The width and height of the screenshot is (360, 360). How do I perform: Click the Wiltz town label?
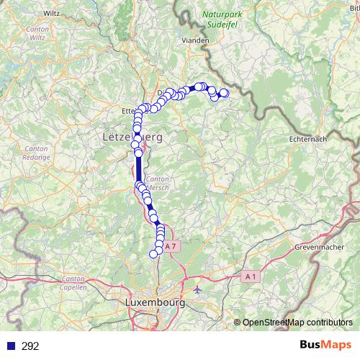(52, 13)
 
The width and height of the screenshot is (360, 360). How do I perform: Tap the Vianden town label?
(196, 41)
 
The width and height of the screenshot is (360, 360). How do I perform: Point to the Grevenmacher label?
(317, 247)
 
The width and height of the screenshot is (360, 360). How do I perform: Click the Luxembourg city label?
(155, 302)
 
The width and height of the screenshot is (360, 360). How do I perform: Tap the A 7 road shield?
(171, 246)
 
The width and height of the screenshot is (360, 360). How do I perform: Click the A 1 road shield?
(250, 276)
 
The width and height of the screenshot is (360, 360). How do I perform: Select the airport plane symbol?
(198, 289)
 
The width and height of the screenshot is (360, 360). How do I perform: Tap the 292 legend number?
(30, 346)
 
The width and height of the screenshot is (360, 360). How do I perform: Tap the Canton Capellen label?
(74, 282)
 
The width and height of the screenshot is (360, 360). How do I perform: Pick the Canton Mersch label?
(157, 183)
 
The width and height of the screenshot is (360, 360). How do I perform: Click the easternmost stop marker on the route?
(224, 93)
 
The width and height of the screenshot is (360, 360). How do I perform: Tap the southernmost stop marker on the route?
(153, 253)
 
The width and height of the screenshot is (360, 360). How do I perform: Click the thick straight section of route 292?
(138, 169)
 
